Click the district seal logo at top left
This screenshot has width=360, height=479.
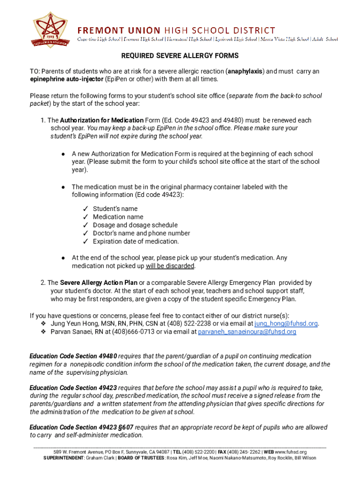(50, 29)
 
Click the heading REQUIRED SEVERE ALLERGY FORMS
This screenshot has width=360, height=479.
(180, 56)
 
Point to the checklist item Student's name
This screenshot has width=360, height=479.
(115, 209)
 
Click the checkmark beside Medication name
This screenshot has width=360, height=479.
(86, 217)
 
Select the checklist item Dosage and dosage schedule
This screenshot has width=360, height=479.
(135, 225)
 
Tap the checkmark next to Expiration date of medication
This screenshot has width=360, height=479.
(86, 242)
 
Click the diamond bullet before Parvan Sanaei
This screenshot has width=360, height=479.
(43, 332)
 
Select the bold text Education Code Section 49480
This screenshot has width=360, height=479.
(73, 356)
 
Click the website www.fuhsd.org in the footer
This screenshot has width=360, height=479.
(290, 452)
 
